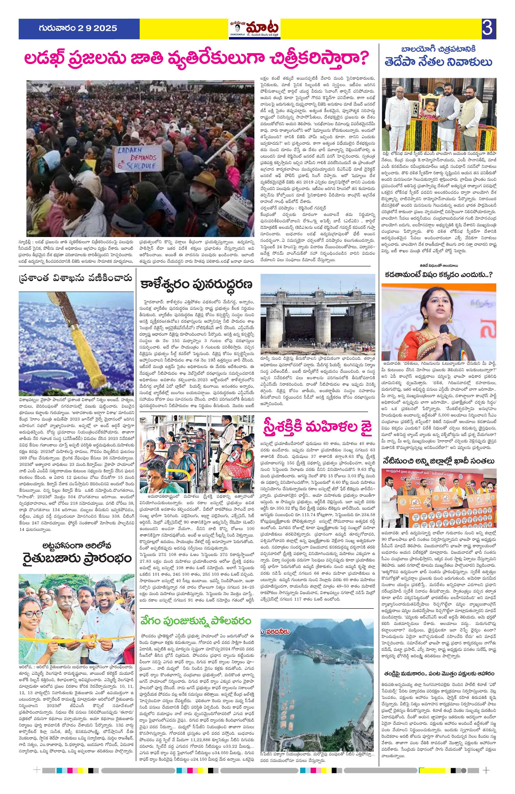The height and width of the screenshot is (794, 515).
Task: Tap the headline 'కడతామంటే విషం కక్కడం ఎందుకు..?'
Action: coord(439,275)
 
